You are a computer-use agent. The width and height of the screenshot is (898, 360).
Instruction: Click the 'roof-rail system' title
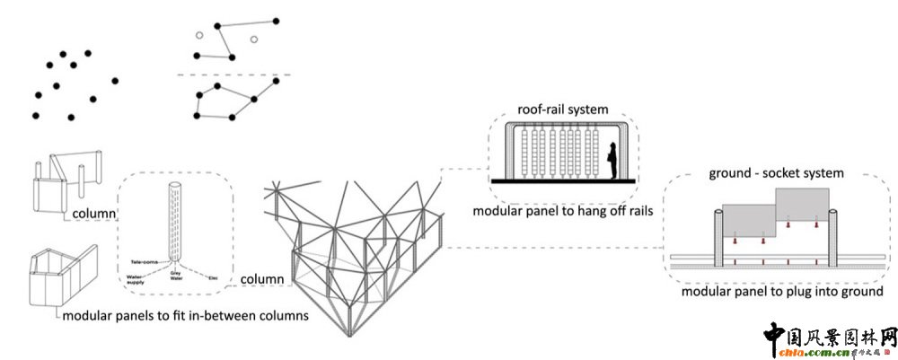point(563,110)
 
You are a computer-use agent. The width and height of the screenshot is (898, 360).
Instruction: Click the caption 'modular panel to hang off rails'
point(563,212)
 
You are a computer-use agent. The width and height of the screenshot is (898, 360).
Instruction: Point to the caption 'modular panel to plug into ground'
point(782,292)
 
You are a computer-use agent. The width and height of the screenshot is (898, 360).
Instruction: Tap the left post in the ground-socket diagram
point(720,239)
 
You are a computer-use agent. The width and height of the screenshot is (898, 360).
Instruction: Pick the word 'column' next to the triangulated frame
point(263,280)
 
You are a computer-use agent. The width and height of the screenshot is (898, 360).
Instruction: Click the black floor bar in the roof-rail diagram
point(563,182)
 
